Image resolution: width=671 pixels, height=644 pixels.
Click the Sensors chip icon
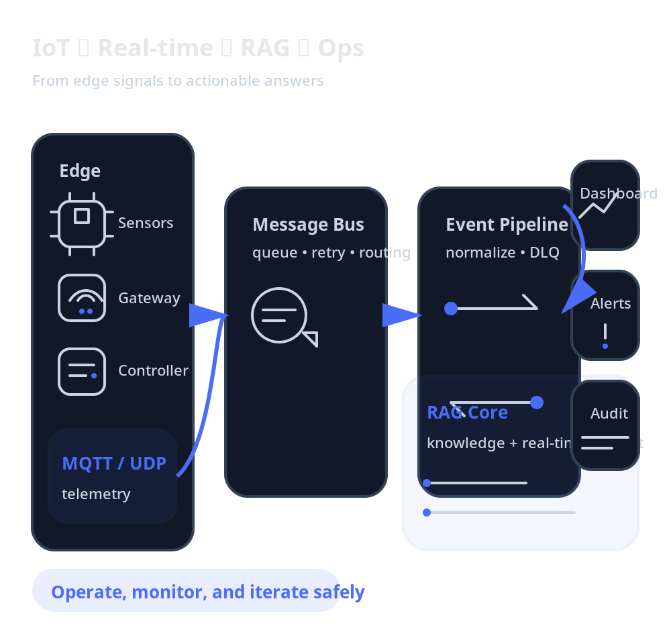82,223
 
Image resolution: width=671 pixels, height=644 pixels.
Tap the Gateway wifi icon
82,298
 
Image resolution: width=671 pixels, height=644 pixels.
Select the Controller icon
82,371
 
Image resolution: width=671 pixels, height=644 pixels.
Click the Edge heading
80,171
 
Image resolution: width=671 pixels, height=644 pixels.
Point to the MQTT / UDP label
114,464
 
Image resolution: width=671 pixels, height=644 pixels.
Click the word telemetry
96,494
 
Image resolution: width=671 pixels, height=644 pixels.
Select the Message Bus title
308,225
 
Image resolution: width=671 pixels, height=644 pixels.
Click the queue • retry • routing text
331,253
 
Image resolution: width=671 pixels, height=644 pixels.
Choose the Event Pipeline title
507,225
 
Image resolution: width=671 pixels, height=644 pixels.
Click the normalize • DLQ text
502,253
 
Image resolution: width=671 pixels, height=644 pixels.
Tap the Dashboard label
618,194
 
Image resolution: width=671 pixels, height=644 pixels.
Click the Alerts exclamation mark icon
605,335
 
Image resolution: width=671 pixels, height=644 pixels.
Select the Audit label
609,414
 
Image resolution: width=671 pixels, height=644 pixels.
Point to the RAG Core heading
467,413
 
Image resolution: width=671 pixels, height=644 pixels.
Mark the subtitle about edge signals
178,81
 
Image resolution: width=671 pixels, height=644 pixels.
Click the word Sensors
146,223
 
